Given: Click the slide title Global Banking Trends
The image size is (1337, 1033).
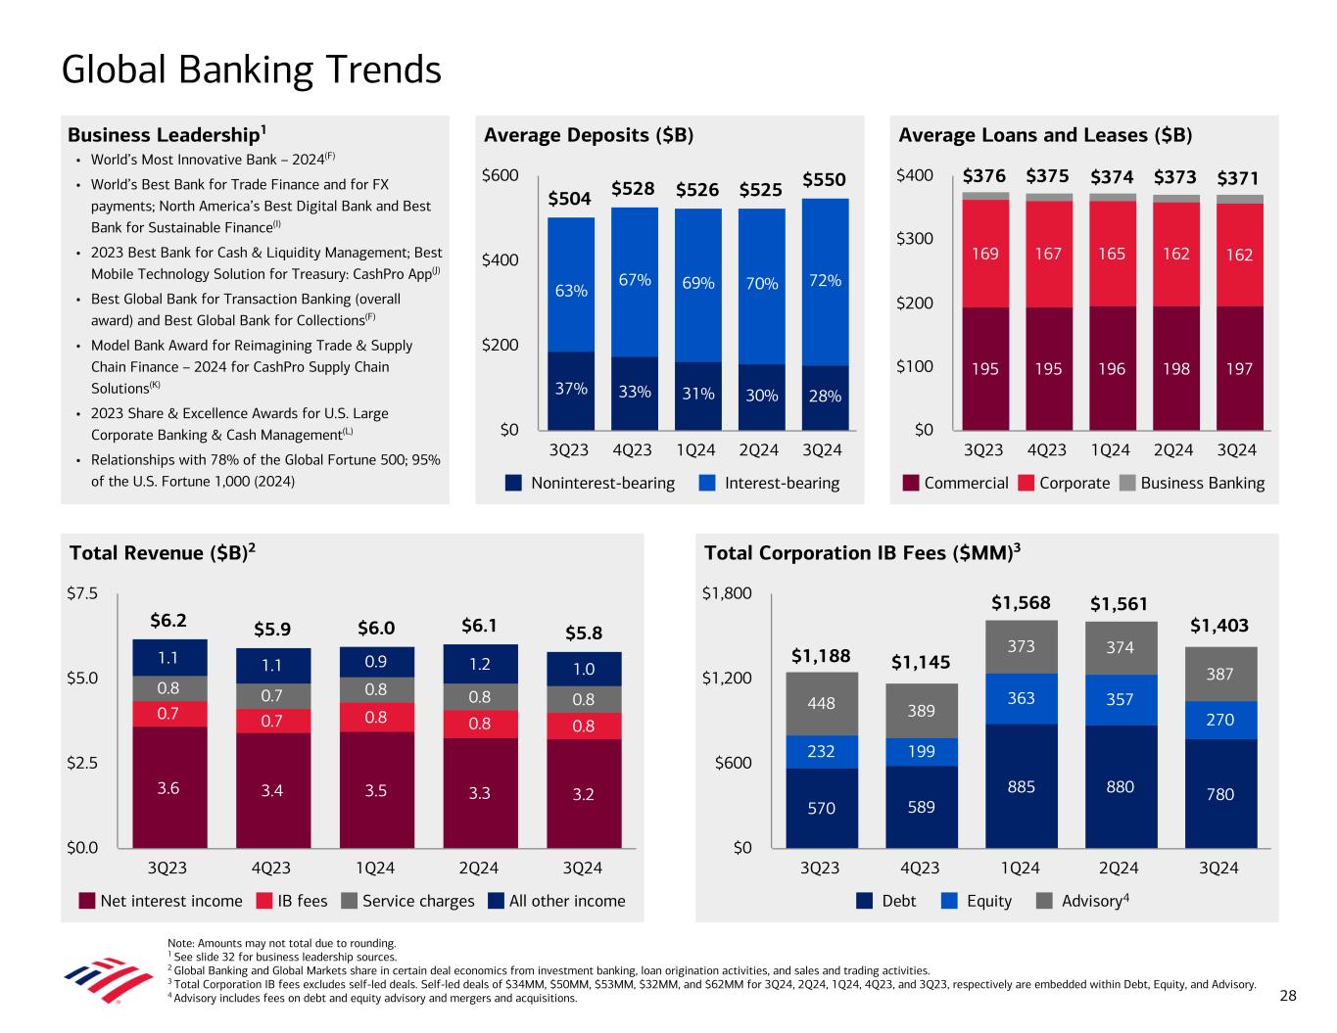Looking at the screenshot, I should [251, 70].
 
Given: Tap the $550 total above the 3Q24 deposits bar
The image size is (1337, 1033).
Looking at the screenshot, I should [824, 180].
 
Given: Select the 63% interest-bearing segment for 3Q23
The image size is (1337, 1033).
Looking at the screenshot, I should [571, 290].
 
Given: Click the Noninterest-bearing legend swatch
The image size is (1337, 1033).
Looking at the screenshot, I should [514, 483].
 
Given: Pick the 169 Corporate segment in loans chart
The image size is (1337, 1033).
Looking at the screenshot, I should [984, 254].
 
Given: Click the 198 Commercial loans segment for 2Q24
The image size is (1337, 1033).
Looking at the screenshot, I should [1175, 369].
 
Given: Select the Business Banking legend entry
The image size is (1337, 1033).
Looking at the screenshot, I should [1202, 483].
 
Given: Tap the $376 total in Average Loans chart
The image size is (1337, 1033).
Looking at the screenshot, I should [983, 177].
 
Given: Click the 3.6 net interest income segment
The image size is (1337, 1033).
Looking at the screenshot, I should [168, 787].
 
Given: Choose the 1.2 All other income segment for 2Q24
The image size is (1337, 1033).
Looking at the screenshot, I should [479, 663].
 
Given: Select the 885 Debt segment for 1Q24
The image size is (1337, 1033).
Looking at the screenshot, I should [1022, 786].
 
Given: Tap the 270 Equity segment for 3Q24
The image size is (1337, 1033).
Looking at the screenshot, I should [1219, 720].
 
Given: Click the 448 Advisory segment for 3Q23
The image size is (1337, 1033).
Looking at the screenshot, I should [822, 703].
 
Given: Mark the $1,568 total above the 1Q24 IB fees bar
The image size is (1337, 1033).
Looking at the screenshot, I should [1021, 602].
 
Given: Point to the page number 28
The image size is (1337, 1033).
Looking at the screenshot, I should [1288, 996].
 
